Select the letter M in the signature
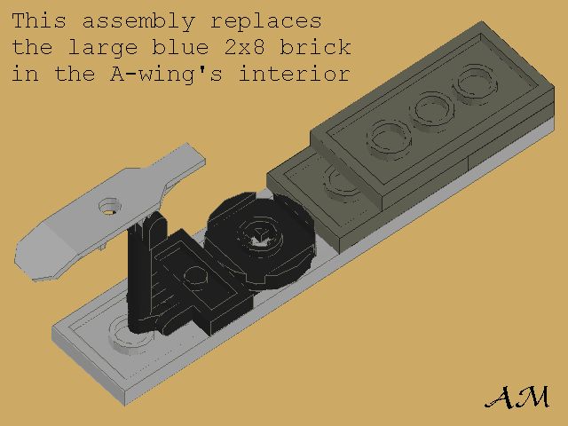[532, 397]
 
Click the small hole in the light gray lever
[109, 205]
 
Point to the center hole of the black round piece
[259, 236]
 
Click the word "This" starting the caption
[41, 20]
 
